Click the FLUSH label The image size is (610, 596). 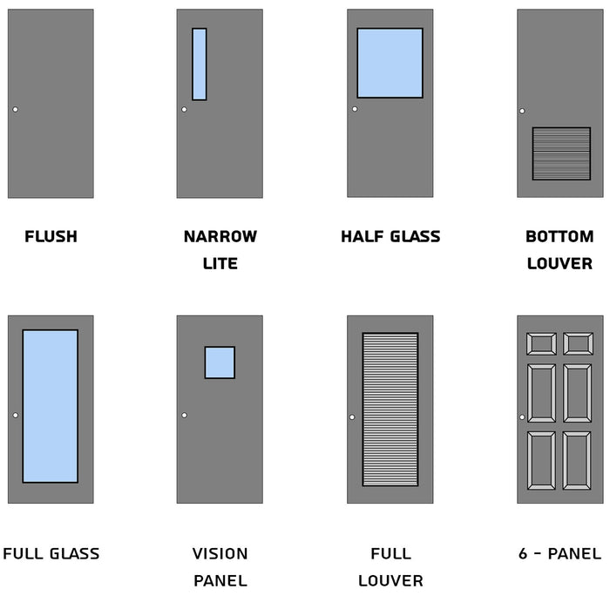point(51,236)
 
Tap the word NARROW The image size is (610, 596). point(220,236)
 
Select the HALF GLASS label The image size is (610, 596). point(390,236)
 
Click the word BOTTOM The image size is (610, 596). point(559,236)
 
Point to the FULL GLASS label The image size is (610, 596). point(51,553)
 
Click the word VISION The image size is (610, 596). point(220,553)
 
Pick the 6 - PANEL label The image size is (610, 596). point(559,553)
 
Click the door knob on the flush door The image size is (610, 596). point(15,109)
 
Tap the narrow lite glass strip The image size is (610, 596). point(200,64)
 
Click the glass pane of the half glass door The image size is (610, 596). point(390,63)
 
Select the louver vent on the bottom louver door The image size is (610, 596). point(561,153)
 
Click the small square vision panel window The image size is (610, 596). point(220,362)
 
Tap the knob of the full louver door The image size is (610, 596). point(352,417)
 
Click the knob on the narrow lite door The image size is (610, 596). point(184,109)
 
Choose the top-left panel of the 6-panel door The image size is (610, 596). point(541,343)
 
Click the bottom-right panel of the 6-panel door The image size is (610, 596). point(578,459)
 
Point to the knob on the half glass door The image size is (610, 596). point(355,109)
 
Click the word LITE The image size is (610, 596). point(220,263)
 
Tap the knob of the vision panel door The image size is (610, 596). point(184,415)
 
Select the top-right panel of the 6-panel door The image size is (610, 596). point(578,343)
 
